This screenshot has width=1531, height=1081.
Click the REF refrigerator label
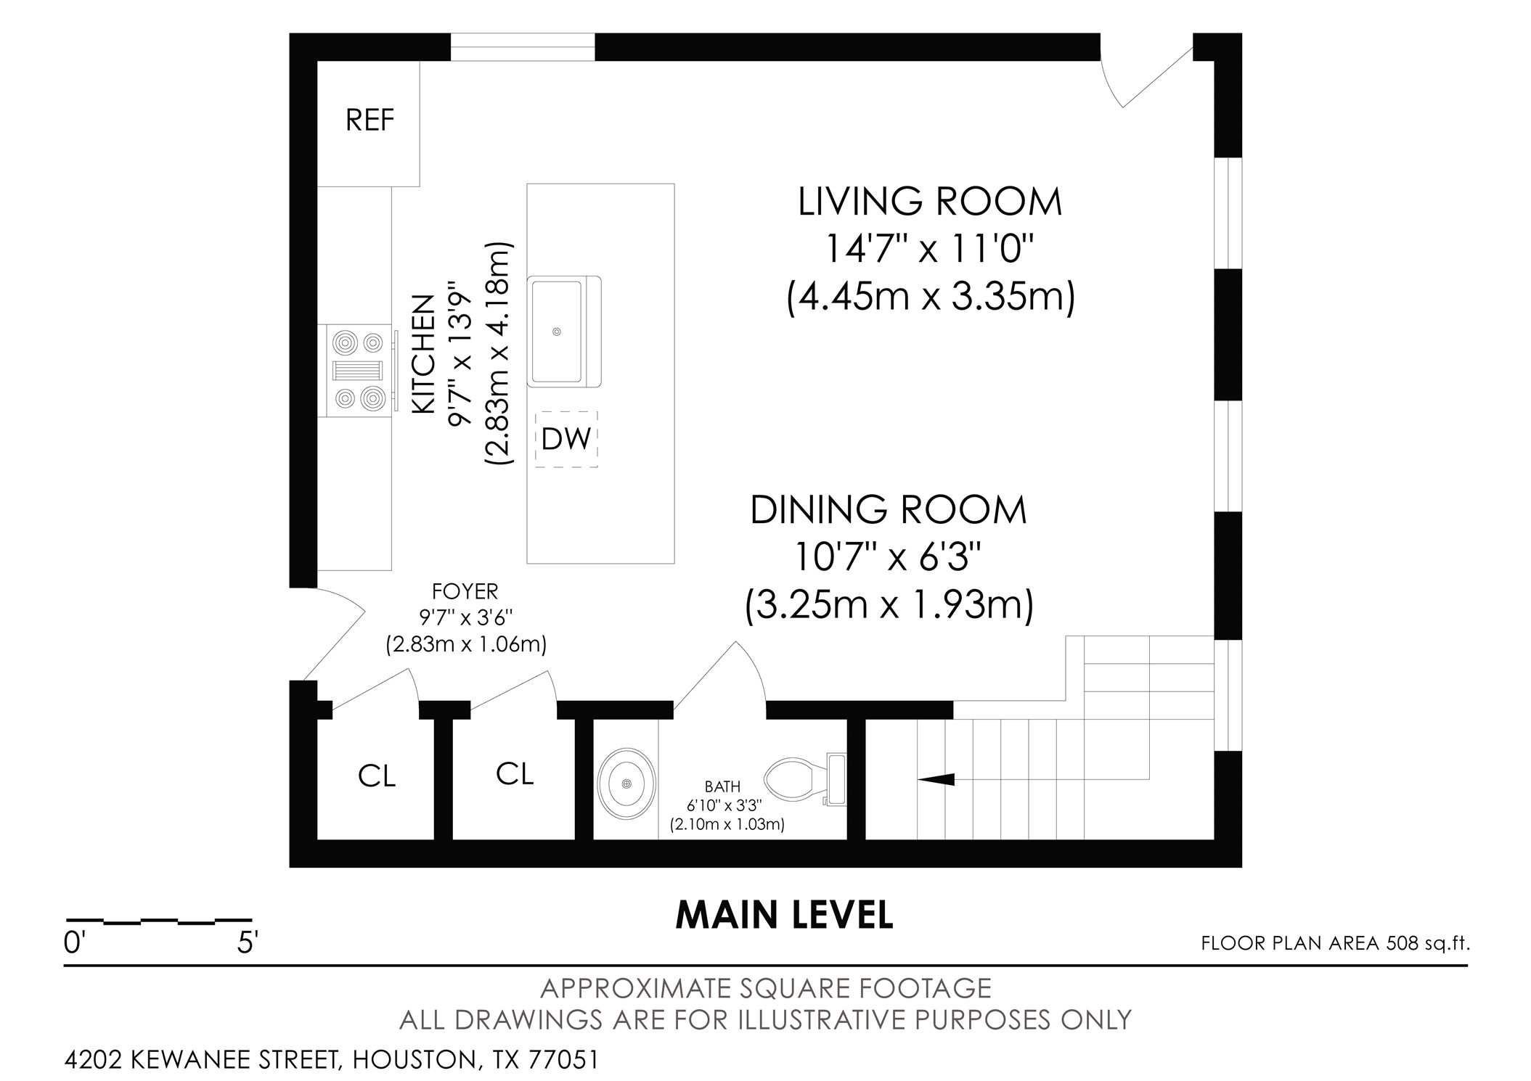pos(370,120)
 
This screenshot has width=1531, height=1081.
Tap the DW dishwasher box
pos(566,439)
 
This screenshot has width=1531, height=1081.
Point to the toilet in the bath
pos(806,779)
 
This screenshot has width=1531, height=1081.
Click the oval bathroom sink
pos(627,784)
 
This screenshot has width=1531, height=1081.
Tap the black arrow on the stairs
pos(936,779)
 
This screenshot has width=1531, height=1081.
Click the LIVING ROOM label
pos(930,202)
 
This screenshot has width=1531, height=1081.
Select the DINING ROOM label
pos(889,510)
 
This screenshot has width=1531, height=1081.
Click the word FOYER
pos(465,591)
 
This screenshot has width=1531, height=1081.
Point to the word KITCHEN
pos(424,354)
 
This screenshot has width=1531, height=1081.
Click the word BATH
pos(723,786)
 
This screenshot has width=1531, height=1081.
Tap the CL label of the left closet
pos(377,777)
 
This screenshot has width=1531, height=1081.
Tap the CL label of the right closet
pos(515,774)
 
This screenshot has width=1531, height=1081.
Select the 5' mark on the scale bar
pos(248,943)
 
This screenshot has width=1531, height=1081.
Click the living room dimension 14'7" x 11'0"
pos(929,250)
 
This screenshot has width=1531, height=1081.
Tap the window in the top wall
pos(523,47)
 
